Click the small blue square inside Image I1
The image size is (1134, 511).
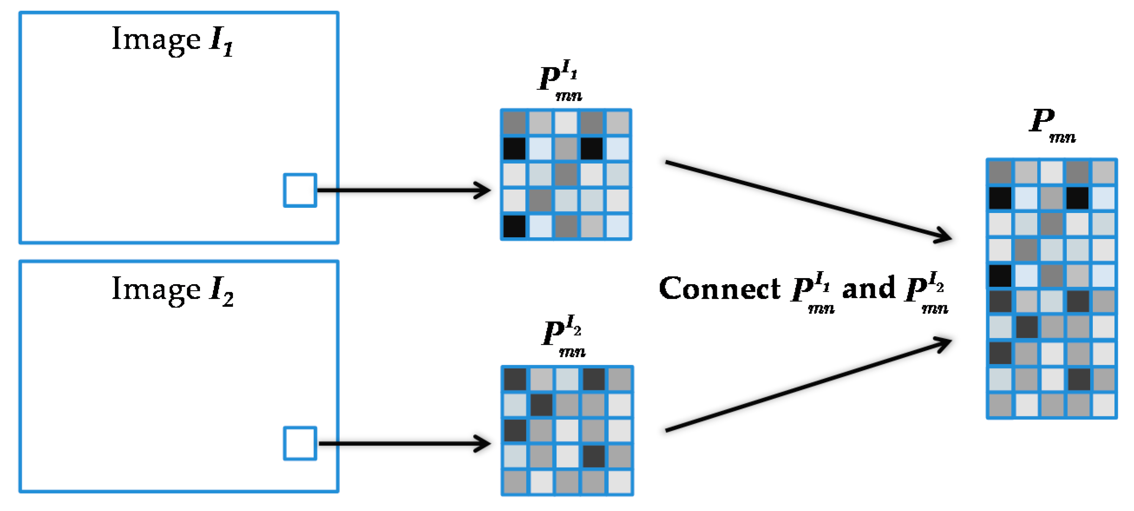300,190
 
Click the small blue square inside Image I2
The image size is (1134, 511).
300,443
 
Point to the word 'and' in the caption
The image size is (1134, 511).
868,289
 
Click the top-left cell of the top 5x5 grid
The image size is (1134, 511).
514,122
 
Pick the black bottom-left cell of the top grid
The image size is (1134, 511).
514,226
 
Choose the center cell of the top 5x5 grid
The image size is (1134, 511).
565,174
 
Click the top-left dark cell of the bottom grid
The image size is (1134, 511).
515,379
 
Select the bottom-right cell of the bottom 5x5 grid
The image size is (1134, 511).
619,482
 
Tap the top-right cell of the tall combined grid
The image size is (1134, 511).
1103,172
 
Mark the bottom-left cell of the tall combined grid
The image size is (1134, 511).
1000,405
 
